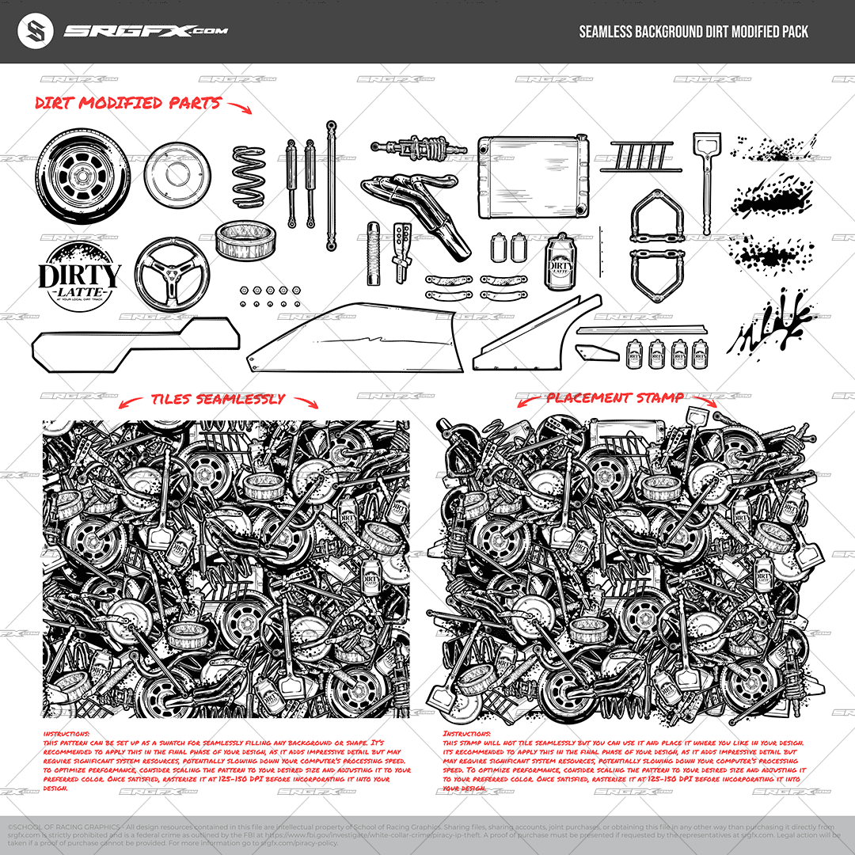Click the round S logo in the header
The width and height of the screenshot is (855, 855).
point(35,32)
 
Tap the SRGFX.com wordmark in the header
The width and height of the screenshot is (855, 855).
point(146,32)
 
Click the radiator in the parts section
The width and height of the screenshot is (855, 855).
point(534,175)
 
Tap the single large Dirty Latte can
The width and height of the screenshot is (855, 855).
point(560,262)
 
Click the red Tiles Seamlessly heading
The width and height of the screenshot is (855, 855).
point(218,400)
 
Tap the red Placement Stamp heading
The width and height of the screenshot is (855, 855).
point(615,398)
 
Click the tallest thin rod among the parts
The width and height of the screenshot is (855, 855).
point(332,185)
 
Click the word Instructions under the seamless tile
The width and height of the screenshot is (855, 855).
point(66,734)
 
